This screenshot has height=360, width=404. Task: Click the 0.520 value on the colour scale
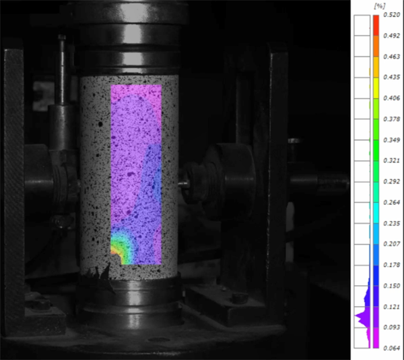pyautogui.click(x=392, y=15)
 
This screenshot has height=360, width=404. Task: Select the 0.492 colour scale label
pyautogui.click(x=392, y=36)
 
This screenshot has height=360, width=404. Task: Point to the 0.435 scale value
pyautogui.click(x=392, y=77)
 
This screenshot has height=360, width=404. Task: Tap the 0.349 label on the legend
pyautogui.click(x=392, y=140)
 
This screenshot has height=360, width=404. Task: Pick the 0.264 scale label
pyautogui.click(x=392, y=202)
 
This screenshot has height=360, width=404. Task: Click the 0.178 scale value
pyautogui.click(x=392, y=265)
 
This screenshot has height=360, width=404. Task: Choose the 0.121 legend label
pyautogui.click(x=392, y=307)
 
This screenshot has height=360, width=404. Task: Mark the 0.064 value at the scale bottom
pyautogui.click(x=392, y=349)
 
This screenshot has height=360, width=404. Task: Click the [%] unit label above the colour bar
pyautogui.click(x=380, y=6)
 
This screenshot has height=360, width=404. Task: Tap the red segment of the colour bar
pyautogui.click(x=376, y=25)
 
